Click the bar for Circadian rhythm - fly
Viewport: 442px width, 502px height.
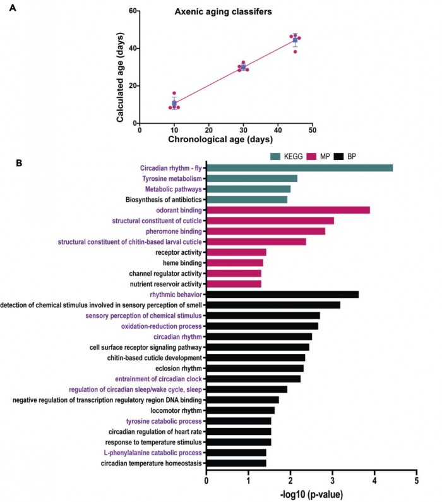[300, 168]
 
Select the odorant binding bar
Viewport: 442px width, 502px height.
[288, 210]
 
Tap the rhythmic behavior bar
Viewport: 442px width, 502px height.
[282, 294]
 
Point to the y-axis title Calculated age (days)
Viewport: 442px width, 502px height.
[120, 68]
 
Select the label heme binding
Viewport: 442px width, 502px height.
[181, 262]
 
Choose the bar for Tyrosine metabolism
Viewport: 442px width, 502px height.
[252, 178]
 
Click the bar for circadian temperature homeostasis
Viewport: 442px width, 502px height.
[236, 463]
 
